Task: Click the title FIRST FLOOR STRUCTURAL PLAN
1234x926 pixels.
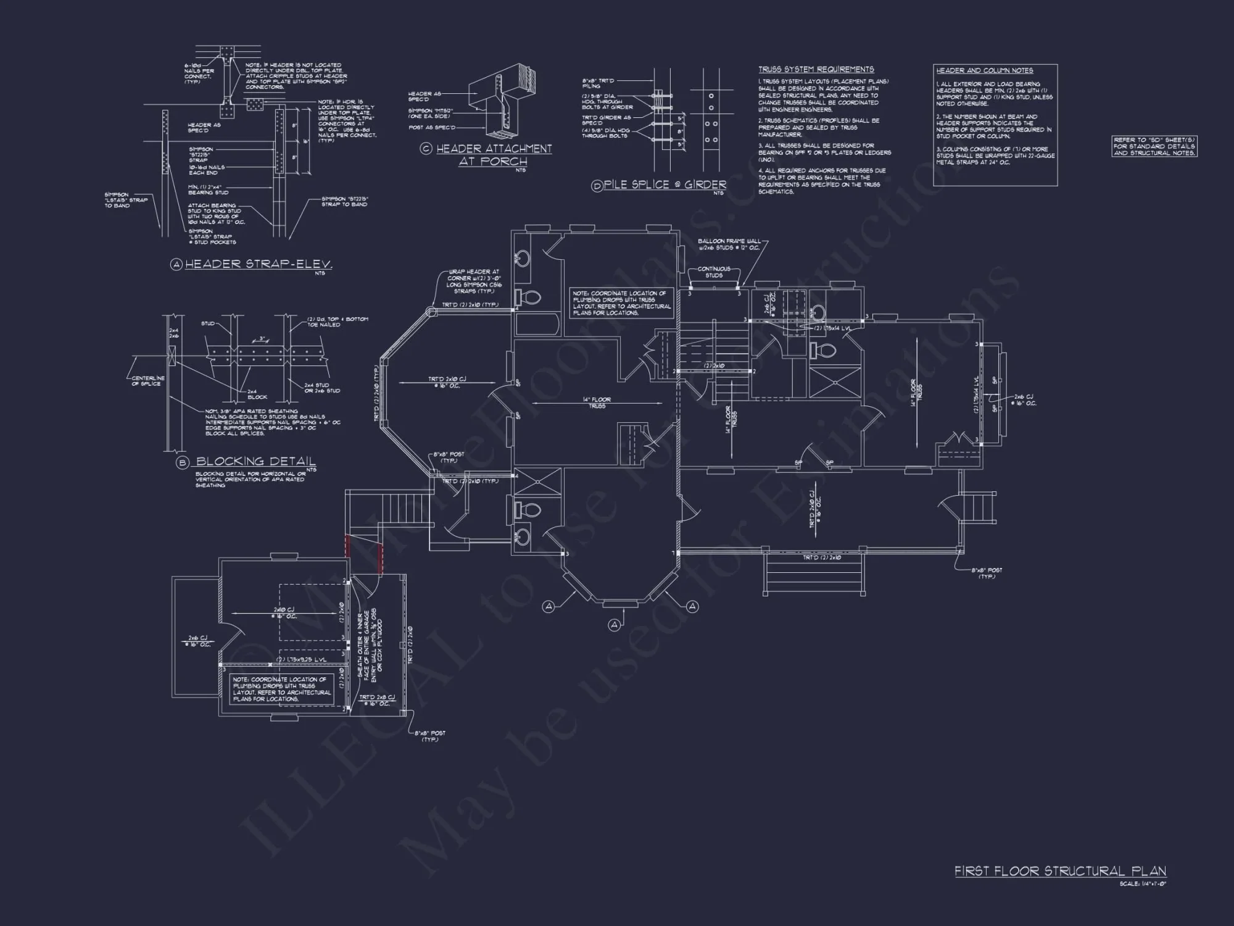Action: tap(1060, 871)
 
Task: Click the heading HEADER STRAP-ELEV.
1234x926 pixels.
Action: tap(259, 264)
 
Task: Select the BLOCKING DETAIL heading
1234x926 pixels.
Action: tap(255, 461)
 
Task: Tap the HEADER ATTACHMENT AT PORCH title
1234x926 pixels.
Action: tap(494, 155)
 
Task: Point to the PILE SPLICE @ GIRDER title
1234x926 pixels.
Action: tap(665, 185)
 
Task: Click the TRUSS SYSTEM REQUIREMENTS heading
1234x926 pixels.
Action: tap(816, 69)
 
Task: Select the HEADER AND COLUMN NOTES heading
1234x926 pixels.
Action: tap(984, 70)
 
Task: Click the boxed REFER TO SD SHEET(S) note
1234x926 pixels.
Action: tap(1154, 146)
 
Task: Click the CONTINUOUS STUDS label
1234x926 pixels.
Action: tap(714, 272)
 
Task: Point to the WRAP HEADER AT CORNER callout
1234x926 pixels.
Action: tap(474, 281)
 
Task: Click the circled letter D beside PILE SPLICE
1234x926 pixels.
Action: tap(597, 186)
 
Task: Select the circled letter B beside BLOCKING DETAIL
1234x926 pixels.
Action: tap(182, 462)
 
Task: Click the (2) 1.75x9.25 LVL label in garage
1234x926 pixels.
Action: tap(301, 659)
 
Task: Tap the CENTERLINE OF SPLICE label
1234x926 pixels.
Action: tap(148, 381)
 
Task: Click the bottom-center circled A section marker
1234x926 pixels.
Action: tap(615, 625)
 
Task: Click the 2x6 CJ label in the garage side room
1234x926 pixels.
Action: tap(199, 641)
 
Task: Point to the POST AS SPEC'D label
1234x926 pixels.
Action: tap(432, 127)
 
